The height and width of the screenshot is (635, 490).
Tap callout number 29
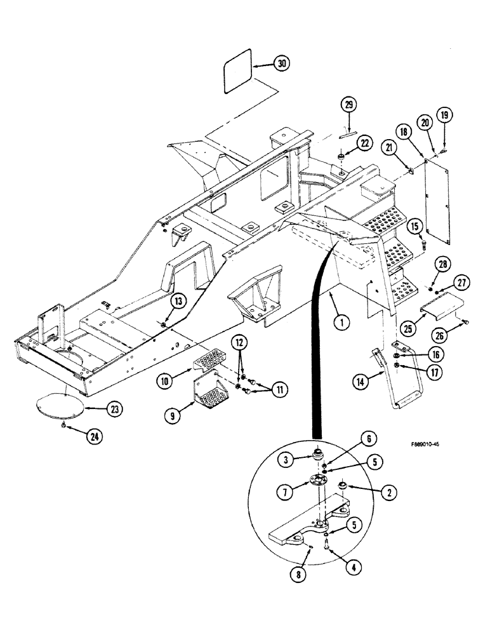tap(348, 105)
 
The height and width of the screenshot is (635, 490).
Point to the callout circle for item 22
tap(364, 145)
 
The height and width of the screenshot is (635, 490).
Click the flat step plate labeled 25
tap(439, 312)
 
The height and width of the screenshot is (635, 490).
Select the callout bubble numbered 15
tap(414, 225)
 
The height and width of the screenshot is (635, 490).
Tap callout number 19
tap(444, 115)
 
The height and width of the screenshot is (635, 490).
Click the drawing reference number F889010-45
tap(416, 445)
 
